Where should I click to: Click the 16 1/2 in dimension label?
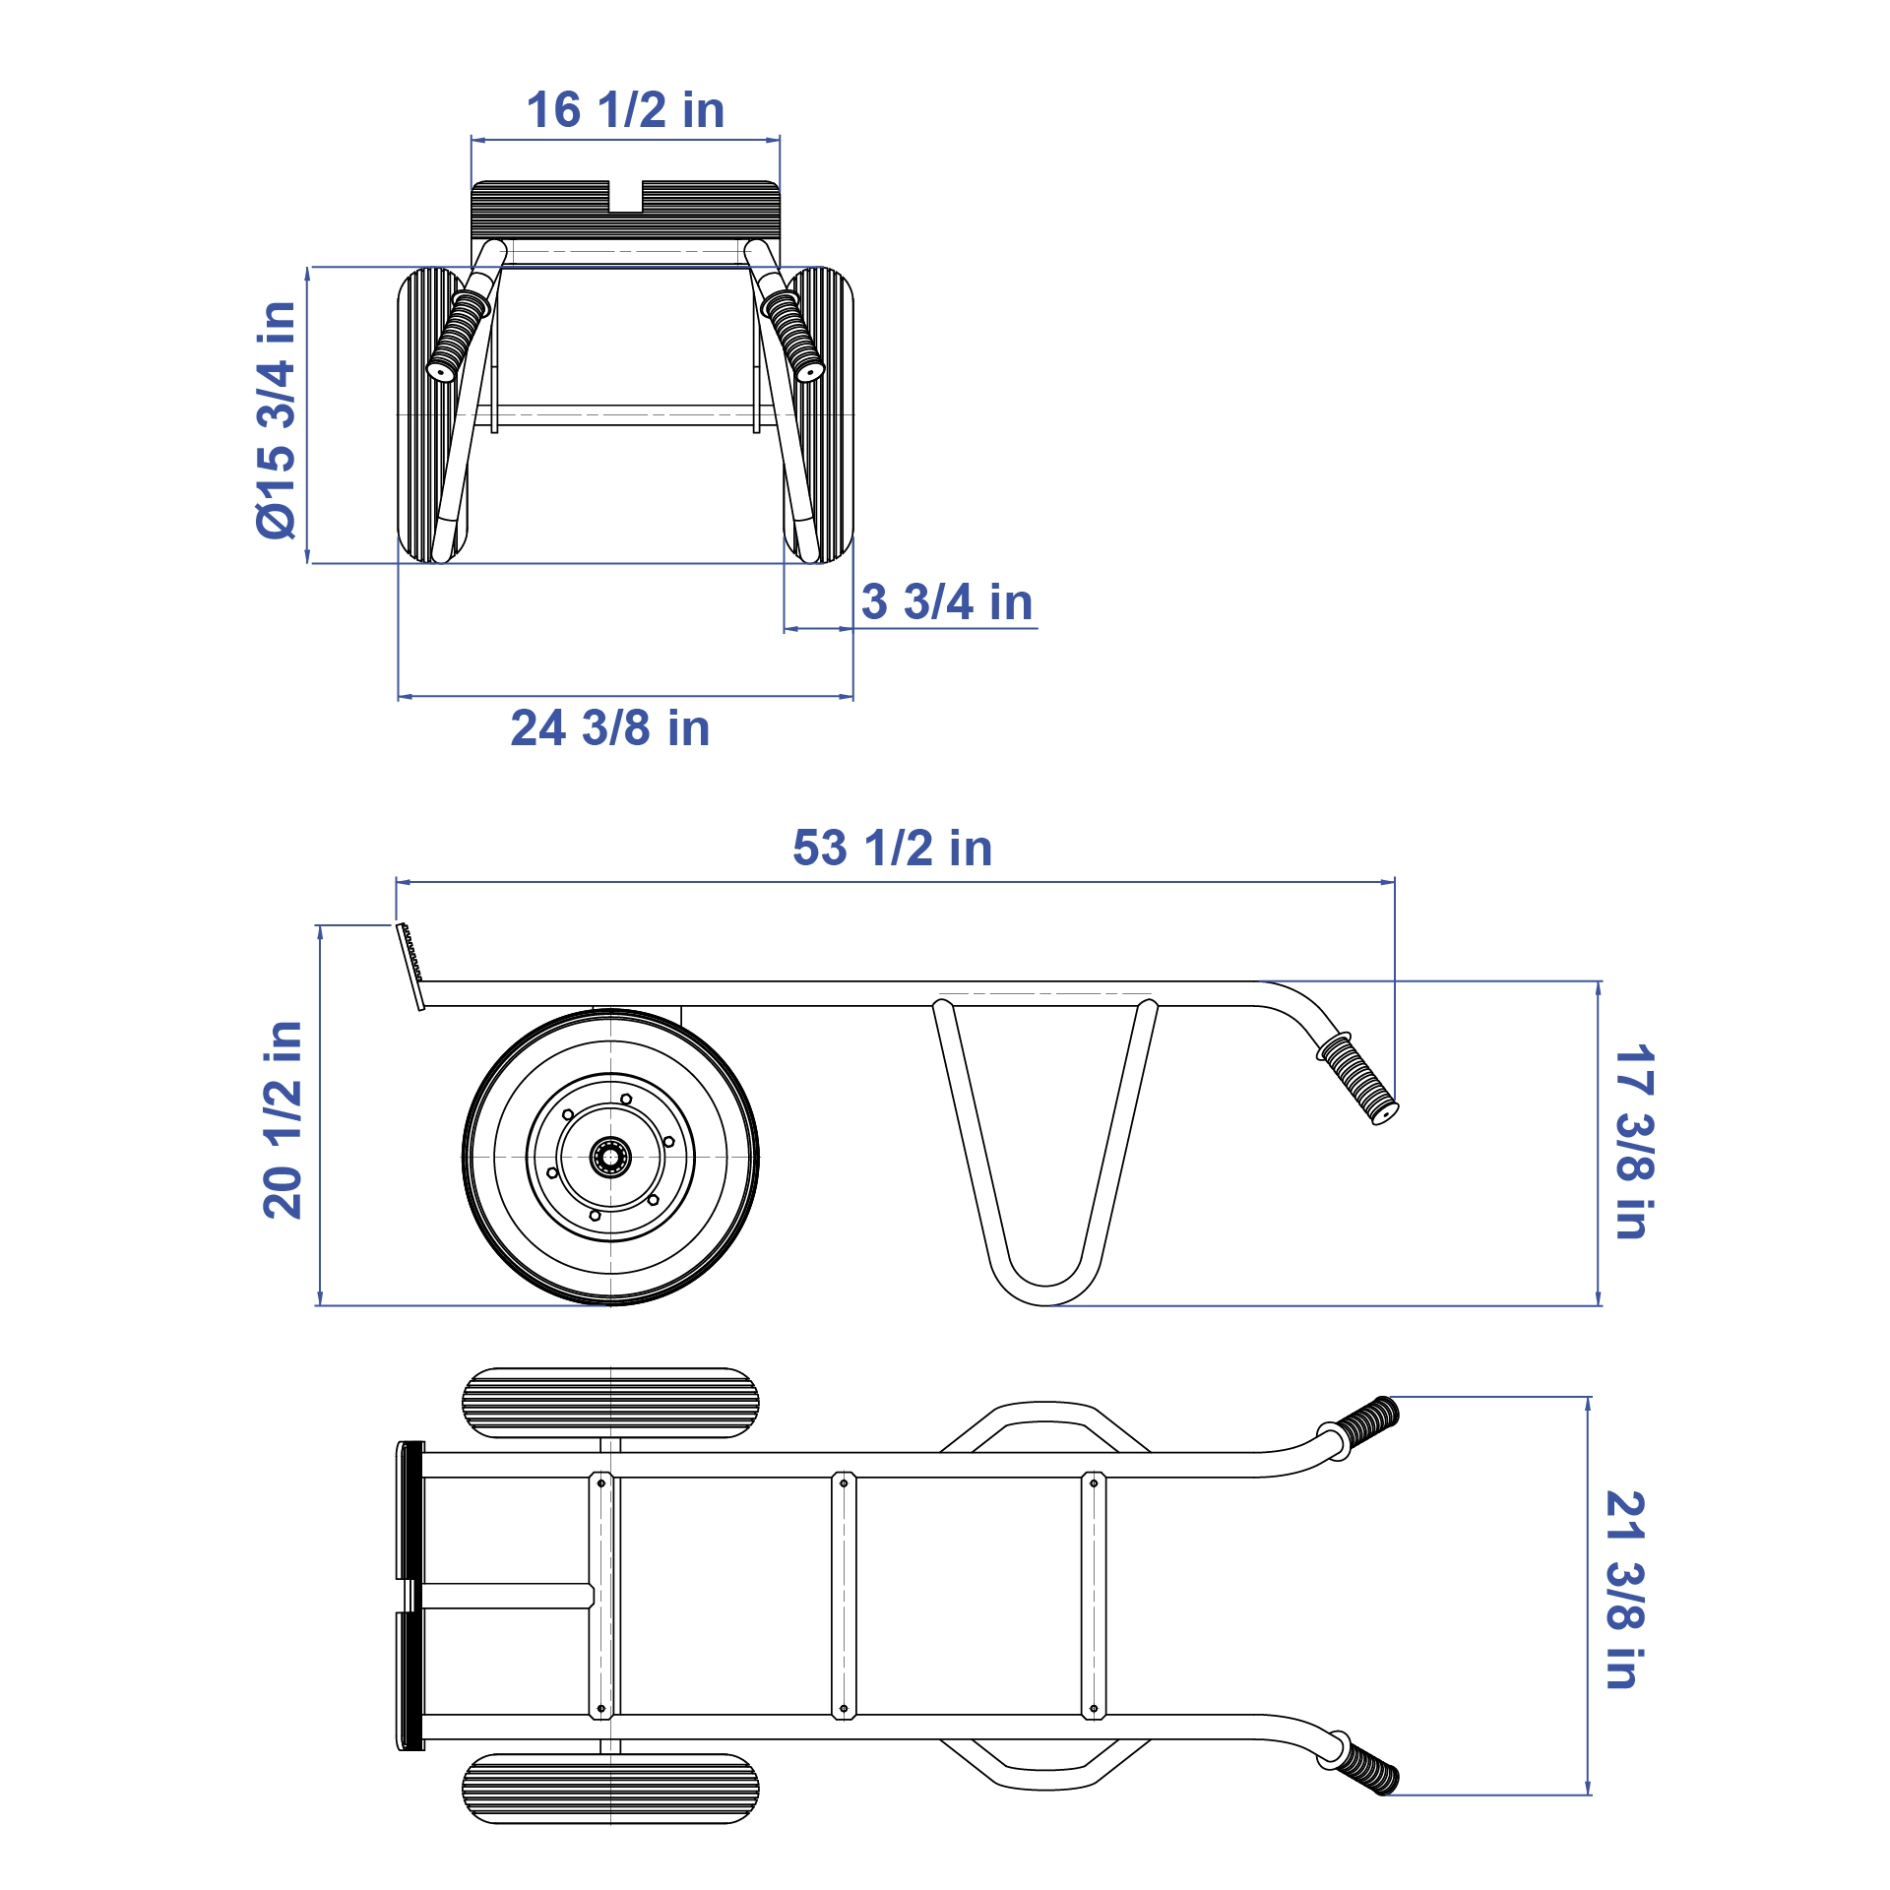[625, 110]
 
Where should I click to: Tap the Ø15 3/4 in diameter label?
[277, 420]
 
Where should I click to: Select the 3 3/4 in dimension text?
[947, 602]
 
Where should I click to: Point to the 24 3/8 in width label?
[610, 729]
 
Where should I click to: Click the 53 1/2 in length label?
[892, 849]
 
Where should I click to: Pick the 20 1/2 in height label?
[283, 1120]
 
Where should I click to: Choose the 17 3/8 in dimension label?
[1633, 1142]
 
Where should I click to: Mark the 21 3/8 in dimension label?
[1625, 1591]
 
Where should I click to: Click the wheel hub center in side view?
[610, 1157]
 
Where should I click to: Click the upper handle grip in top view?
[1368, 1420]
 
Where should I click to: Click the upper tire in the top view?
[610, 1403]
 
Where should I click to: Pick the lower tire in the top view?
[610, 1789]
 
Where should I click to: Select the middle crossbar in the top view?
[844, 1595]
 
